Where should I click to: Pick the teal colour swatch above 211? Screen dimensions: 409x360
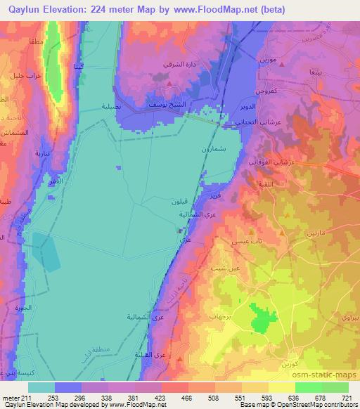click(40, 387)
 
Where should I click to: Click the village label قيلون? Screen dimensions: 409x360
click(180, 201)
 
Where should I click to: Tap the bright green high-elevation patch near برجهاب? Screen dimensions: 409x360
click(262, 320)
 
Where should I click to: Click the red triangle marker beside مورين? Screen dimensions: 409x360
click(281, 64)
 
